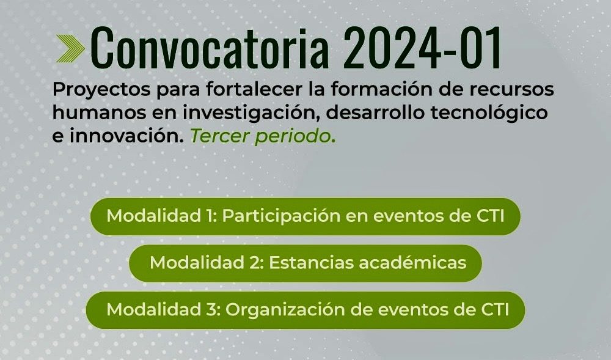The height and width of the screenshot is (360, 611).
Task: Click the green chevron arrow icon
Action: (70, 49)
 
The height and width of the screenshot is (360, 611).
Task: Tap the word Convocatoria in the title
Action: (210, 48)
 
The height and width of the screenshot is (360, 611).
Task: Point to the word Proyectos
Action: (101, 90)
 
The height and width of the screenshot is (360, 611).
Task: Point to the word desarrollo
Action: (375, 112)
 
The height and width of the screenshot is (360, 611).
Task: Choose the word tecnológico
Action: (489, 114)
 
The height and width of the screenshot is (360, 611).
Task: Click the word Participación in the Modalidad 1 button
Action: (281, 216)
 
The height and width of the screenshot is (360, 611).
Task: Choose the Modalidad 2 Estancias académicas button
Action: (305, 263)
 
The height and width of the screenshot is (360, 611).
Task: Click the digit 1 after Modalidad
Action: (210, 216)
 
